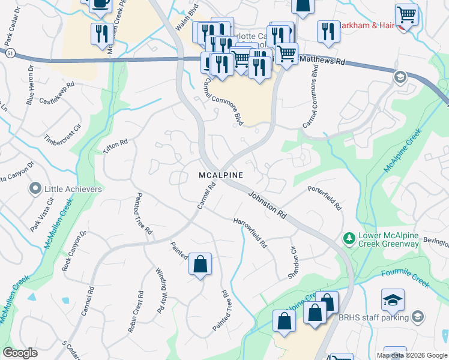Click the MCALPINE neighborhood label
[x=221, y=175]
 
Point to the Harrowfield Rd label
[x=250, y=233]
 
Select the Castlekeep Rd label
[x=58, y=95]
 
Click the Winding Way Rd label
[x=160, y=290]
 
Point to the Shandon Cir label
[x=293, y=263]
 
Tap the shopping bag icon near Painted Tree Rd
[x=200, y=264]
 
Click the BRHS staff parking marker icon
[x=418, y=317]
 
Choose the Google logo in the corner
[x=20, y=353]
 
